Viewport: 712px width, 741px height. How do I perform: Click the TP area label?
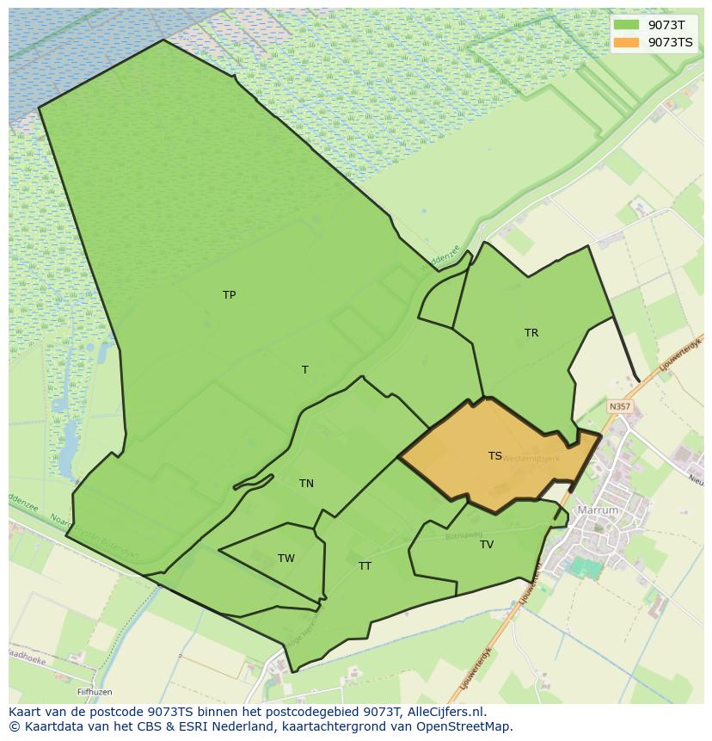click(x=229, y=295)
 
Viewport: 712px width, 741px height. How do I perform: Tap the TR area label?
click(x=531, y=333)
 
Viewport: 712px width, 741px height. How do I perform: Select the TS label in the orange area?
click(x=495, y=456)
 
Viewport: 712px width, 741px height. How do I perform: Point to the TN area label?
click(x=306, y=484)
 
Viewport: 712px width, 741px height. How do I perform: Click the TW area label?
click(x=286, y=559)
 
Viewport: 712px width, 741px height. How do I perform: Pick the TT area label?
click(x=365, y=566)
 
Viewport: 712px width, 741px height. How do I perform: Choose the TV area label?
click(x=487, y=545)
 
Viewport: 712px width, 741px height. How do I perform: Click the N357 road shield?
click(x=619, y=406)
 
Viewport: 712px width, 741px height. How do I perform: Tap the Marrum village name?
click(x=598, y=510)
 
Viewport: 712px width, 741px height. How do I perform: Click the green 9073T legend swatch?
click(x=627, y=25)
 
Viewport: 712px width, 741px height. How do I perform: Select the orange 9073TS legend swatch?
click(x=627, y=42)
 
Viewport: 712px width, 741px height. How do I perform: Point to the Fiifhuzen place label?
click(x=94, y=692)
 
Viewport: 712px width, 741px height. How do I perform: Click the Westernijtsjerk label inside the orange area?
click(x=531, y=459)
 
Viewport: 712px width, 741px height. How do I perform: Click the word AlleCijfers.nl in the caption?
click(x=445, y=712)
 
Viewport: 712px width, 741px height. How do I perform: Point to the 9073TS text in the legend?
click(x=671, y=42)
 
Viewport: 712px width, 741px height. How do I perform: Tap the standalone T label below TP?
click(x=304, y=370)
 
